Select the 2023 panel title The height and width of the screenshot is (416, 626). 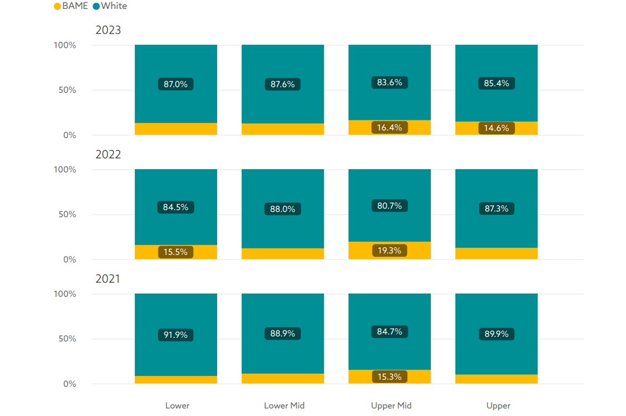tap(108, 31)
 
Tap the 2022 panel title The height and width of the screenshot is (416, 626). tap(108, 155)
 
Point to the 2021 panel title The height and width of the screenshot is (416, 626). tap(108, 279)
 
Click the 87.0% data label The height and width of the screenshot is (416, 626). tap(176, 84)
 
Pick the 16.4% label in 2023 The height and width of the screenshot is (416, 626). tap(389, 128)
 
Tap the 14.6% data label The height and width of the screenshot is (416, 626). tap(496, 128)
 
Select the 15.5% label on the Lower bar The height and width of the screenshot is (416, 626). tap(176, 252)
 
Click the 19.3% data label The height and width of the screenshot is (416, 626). tap(389, 251)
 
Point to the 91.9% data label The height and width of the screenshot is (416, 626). tap(176, 334)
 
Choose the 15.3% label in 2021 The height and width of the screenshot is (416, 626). tap(389, 376)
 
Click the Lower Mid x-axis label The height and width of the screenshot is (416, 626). tap(284, 405)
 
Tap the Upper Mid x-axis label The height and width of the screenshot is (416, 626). tap(391, 405)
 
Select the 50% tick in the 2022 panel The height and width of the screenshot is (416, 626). tap(65, 215)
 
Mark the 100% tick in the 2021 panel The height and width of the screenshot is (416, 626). tap(65, 294)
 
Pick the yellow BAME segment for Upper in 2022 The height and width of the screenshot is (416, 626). tap(496, 253)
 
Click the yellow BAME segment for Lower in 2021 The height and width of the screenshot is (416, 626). tap(176, 380)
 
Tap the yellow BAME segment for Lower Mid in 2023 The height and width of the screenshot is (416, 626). tap(283, 129)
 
